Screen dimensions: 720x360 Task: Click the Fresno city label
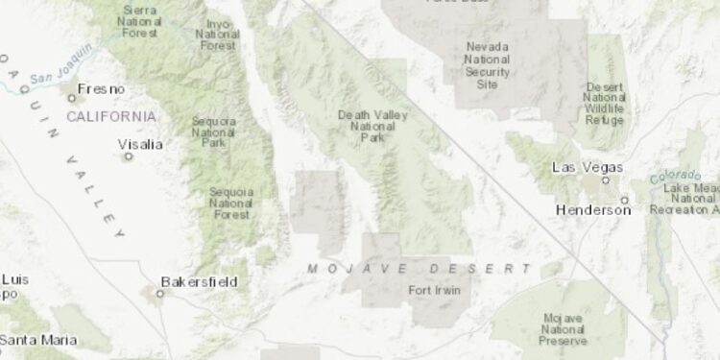[x=101, y=89]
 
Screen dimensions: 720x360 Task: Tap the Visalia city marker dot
[x=127, y=156]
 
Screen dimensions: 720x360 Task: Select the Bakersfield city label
[x=199, y=282]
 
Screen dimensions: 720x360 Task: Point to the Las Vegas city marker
[x=605, y=180]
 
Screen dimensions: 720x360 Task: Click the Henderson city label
[x=593, y=209]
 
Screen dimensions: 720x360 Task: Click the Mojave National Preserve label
[x=564, y=329]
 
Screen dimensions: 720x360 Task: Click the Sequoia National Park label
[x=214, y=132]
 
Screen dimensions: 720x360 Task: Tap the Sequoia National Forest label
[x=231, y=203]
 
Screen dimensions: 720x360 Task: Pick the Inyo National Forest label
[x=218, y=35]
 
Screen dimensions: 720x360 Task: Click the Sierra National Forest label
[x=140, y=20]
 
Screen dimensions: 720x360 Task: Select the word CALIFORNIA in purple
[x=110, y=116]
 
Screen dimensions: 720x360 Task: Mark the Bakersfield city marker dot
[x=160, y=293]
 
